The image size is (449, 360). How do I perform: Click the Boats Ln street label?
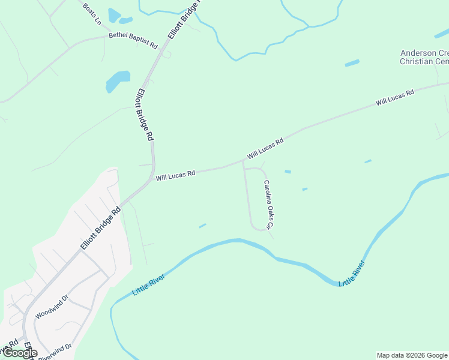click(92, 14)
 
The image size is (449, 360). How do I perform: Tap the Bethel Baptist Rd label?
click(133, 41)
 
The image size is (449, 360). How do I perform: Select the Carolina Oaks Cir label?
click(268, 205)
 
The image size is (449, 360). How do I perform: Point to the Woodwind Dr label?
click(52, 306)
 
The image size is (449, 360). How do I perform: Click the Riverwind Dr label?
click(55, 351)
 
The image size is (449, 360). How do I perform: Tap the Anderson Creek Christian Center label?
click(424, 57)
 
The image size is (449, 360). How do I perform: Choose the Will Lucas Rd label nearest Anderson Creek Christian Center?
click(395, 98)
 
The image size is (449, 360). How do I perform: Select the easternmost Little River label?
click(352, 273)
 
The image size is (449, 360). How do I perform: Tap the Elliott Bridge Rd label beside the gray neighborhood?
click(101, 229)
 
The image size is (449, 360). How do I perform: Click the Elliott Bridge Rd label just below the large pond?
click(145, 115)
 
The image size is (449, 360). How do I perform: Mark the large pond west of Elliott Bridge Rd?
click(117, 81)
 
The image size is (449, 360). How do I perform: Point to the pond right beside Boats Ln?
click(114, 14)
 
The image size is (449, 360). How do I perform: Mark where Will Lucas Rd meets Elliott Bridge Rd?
click(153, 178)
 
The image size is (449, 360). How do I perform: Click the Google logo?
click(19, 353)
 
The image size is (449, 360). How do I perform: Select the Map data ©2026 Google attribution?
click(412, 355)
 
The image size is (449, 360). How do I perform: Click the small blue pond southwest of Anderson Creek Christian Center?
click(352, 62)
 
